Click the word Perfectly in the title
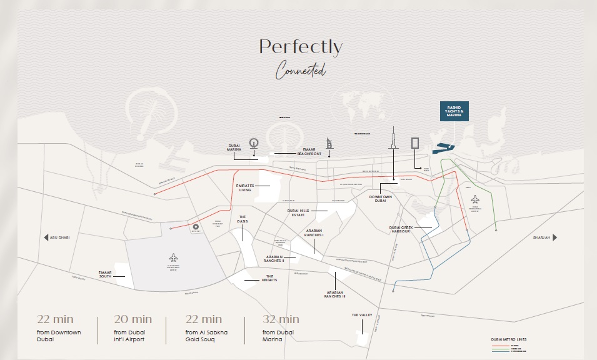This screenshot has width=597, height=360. point(301,47)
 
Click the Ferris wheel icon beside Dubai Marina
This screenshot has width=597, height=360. point(254,143)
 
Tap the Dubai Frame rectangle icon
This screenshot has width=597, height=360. point(415,143)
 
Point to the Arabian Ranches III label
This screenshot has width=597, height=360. point(336,294)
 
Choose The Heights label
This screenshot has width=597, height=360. point(269,279)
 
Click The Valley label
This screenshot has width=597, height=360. point(362,315)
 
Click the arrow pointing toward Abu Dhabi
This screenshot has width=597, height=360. point(46,237)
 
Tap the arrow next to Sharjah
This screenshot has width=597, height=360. point(554,237)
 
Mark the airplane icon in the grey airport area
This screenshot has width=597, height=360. point(173,257)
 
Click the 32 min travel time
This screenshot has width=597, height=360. point(281,320)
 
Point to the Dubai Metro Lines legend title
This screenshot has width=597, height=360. point(508,339)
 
